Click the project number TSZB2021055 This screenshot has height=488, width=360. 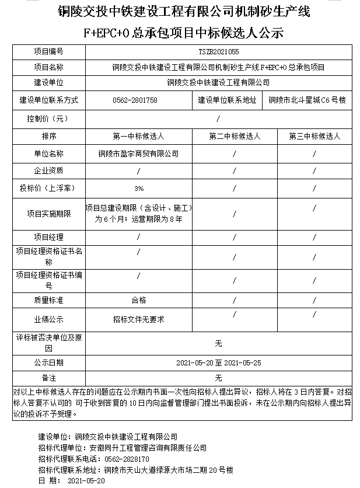(219, 52)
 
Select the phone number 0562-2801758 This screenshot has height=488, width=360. (135, 100)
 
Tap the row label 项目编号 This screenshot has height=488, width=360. (48, 52)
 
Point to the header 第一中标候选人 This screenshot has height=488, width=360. (139, 136)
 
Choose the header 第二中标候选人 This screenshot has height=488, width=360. (235, 136)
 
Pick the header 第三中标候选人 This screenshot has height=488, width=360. (314, 136)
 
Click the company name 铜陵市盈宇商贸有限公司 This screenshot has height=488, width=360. (139, 154)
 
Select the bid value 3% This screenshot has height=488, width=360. (139, 189)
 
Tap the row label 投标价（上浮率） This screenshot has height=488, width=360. (48, 189)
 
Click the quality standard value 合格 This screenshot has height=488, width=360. (139, 300)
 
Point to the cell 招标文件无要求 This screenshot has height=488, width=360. (139, 319)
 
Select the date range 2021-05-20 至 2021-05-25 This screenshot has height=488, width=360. (219, 362)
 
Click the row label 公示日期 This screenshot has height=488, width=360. (48, 362)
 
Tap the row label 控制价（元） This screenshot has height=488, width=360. (48, 118)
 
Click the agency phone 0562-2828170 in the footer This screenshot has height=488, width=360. (124, 459)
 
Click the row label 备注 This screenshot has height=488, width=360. (48, 378)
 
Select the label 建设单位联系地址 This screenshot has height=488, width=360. (228, 100)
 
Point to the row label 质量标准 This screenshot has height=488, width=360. (48, 300)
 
